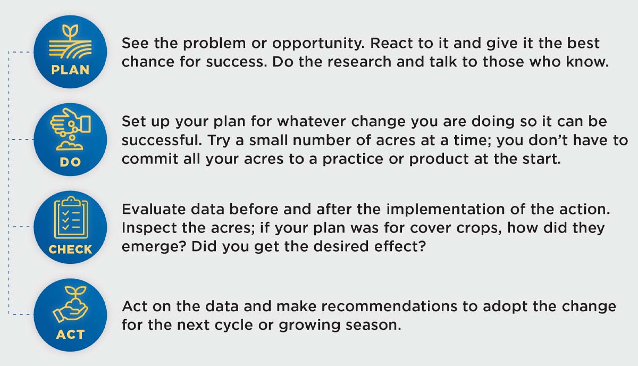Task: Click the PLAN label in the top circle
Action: click(70, 70)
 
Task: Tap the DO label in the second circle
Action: click(70, 162)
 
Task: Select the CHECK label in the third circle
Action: click(70, 249)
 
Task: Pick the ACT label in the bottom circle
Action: click(70, 335)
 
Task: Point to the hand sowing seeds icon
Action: click(70, 129)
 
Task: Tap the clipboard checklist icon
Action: click(71, 218)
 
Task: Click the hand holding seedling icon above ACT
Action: click(70, 304)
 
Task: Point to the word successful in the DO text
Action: click(162, 140)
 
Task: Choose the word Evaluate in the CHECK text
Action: click(154, 209)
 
